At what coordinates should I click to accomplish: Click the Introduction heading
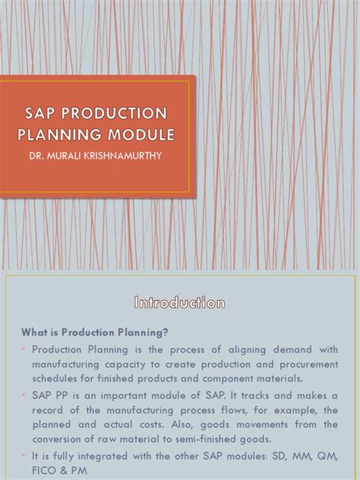[x=180, y=304]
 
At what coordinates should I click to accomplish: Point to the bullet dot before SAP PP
[x=25, y=396]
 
